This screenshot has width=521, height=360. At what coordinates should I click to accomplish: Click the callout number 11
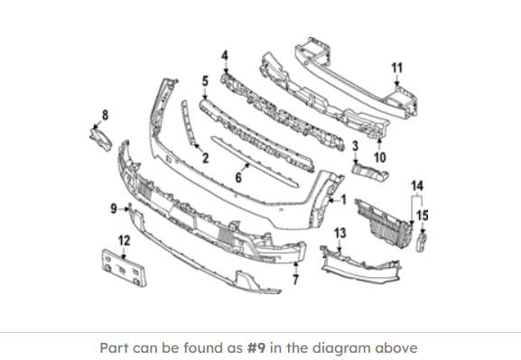pyautogui.click(x=397, y=68)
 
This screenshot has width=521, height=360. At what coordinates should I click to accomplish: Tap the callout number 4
pyautogui.click(x=225, y=55)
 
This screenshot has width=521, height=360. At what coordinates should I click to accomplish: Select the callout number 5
pyautogui.click(x=205, y=81)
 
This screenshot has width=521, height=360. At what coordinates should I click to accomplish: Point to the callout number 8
pyautogui.click(x=105, y=115)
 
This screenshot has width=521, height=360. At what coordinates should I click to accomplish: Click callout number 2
pyautogui.click(x=205, y=158)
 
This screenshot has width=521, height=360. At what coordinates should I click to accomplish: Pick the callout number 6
pyautogui.click(x=238, y=178)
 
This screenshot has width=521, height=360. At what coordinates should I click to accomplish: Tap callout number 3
pyautogui.click(x=355, y=146)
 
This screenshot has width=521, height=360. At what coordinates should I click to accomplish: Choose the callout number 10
pyautogui.click(x=380, y=157)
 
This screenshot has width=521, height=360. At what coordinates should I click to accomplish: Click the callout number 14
pyautogui.click(x=417, y=186)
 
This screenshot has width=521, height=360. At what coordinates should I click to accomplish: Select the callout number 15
pyautogui.click(x=423, y=216)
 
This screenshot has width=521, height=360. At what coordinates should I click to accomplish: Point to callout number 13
pyautogui.click(x=340, y=233)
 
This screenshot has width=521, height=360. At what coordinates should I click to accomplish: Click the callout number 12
pyautogui.click(x=125, y=240)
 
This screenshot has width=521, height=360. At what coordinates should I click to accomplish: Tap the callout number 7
pyautogui.click(x=295, y=280)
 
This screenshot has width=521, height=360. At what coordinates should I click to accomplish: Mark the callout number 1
pyautogui.click(x=343, y=200)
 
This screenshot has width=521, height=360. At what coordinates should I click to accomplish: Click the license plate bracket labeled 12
pyautogui.click(x=124, y=268)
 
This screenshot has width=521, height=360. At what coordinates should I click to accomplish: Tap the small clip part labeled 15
pyautogui.click(x=421, y=243)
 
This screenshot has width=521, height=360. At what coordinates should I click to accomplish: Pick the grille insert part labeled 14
pyautogui.click(x=384, y=223)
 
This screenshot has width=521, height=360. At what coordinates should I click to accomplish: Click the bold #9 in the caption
pyautogui.click(x=256, y=348)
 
